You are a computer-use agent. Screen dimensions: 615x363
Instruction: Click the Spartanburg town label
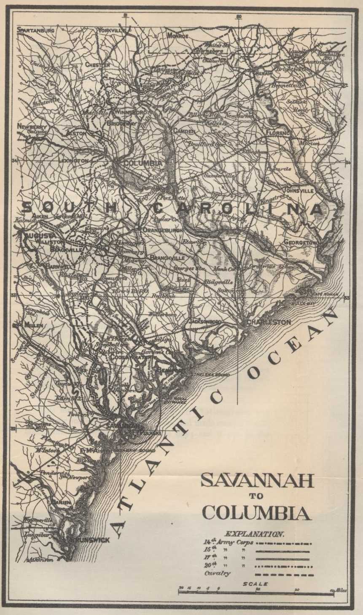(x=36, y=30)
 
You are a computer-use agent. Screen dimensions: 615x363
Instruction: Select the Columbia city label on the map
(x=135, y=163)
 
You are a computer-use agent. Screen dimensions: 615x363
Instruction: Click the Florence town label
(x=279, y=133)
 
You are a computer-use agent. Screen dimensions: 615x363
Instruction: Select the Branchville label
(x=167, y=258)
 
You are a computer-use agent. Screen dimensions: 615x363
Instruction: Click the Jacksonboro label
(x=205, y=321)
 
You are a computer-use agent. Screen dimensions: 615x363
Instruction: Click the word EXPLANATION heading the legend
(x=255, y=534)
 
